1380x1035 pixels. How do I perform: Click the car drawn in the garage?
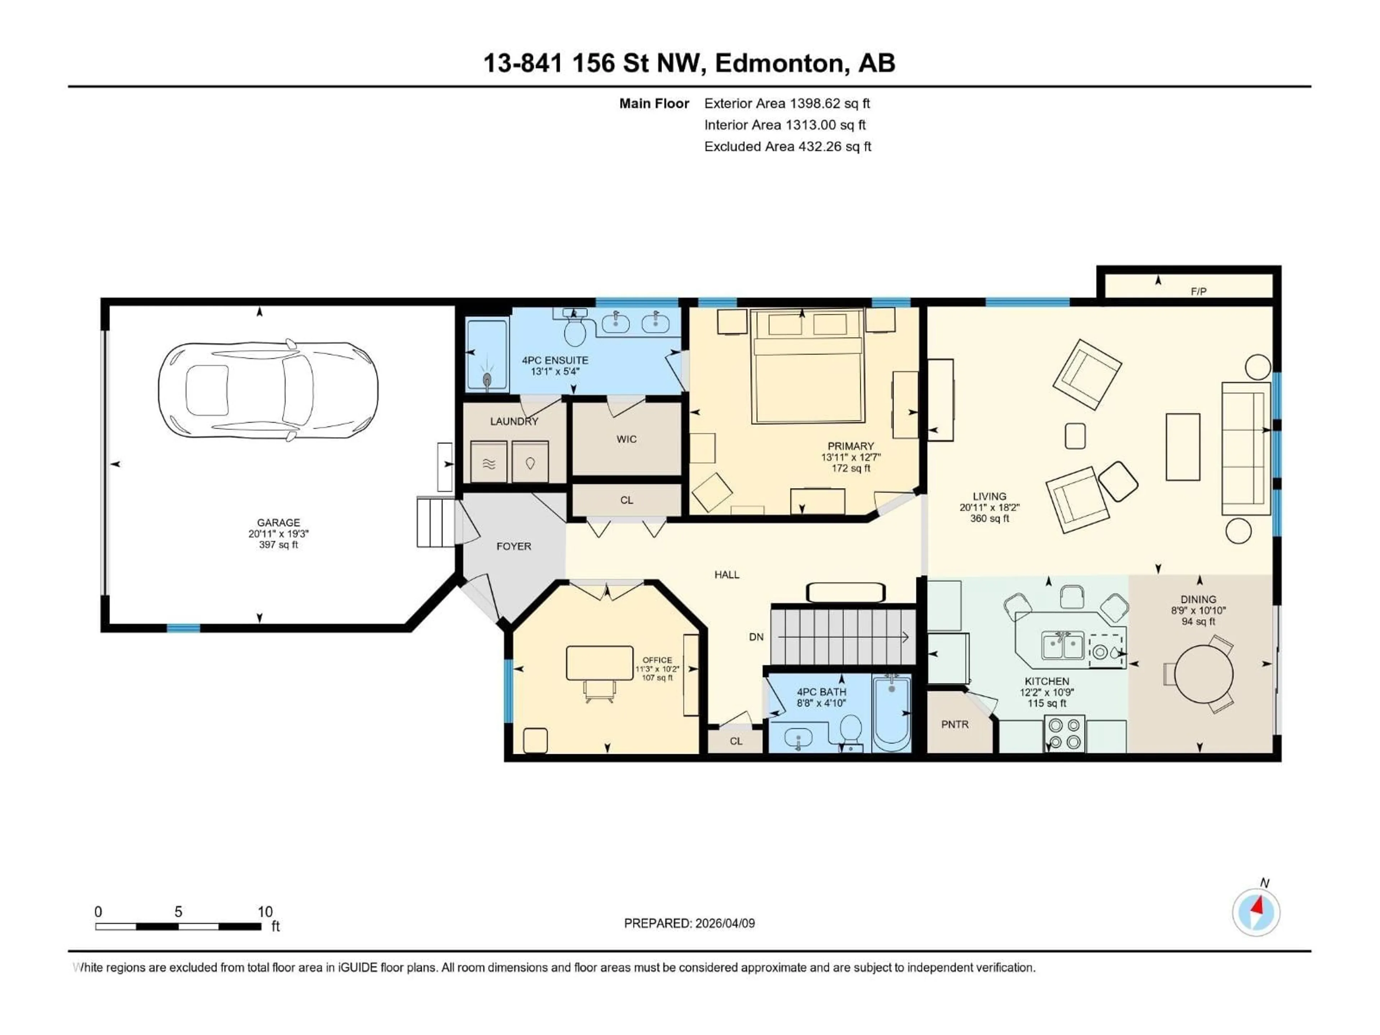pyautogui.click(x=268, y=391)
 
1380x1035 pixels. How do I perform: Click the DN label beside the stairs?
pyautogui.click(x=756, y=637)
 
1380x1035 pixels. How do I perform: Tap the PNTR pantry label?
pyautogui.click(x=954, y=724)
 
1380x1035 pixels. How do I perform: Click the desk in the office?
pyautogui.click(x=599, y=663)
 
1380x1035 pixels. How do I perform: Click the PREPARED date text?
pyautogui.click(x=689, y=923)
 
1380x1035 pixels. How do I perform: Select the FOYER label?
pyautogui.click(x=514, y=547)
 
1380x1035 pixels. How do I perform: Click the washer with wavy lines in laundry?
pyautogui.click(x=488, y=462)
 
